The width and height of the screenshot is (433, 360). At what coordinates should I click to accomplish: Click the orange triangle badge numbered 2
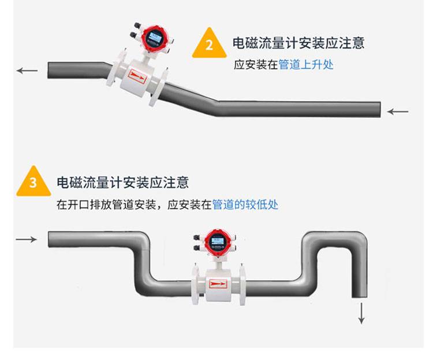pos(209,44)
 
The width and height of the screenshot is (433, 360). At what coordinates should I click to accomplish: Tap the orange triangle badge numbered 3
pos(33,183)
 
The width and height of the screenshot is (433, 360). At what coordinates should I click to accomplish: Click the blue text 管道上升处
pos(306,65)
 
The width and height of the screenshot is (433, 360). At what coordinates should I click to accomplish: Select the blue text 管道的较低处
pos(245,205)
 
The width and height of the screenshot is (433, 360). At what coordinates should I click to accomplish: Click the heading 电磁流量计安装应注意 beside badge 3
pos(122,183)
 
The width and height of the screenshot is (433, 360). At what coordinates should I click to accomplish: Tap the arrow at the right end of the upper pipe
pos(398,111)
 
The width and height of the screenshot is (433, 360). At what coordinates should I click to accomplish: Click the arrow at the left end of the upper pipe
pos(27,70)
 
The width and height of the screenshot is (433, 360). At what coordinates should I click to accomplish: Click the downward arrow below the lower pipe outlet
pos(361,313)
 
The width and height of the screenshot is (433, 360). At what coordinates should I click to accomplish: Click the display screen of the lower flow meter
pos(216,241)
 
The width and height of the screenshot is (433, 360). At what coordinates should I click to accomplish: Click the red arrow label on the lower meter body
pos(218,283)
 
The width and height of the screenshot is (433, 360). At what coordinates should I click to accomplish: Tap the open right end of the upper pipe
pos(378,109)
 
